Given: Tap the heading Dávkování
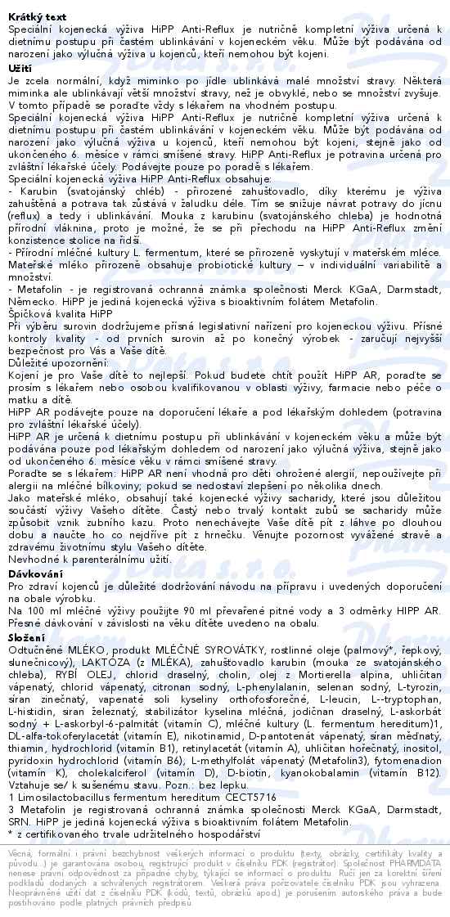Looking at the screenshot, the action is click(35, 576).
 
